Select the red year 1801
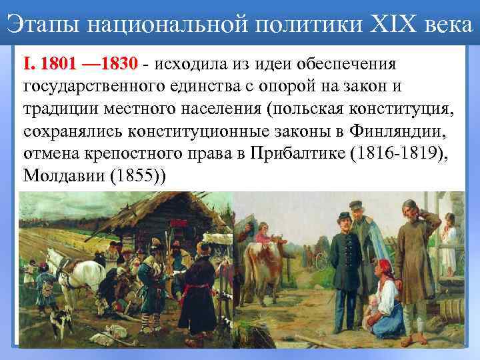coord(61,65)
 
